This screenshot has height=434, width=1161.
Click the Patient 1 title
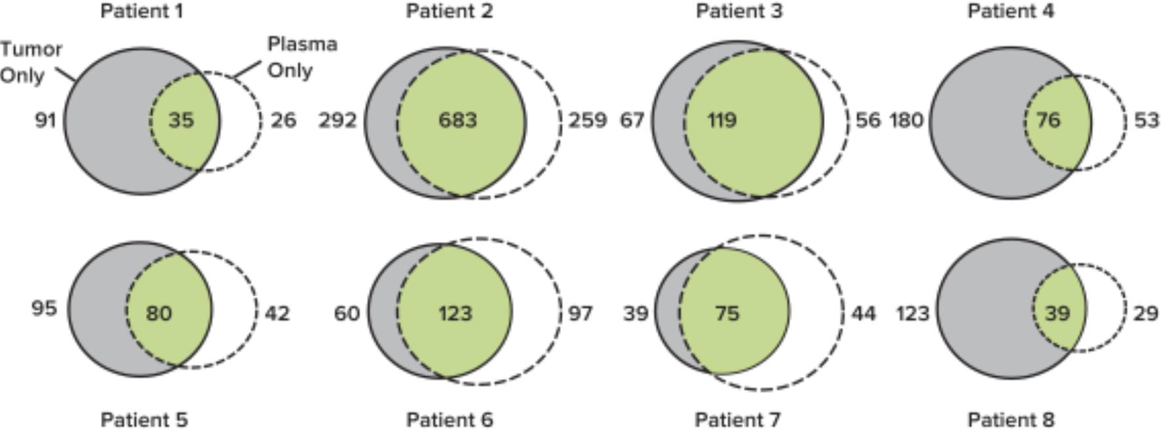click(142, 11)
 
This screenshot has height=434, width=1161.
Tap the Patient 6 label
click(449, 420)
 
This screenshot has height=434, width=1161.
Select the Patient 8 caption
click(1011, 420)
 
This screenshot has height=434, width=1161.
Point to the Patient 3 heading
click(739, 11)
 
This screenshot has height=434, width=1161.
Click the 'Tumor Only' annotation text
click(31, 62)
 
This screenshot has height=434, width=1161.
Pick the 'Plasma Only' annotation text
click(302, 57)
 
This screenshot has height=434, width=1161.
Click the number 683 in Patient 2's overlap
click(457, 120)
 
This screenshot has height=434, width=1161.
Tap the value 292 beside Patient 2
click(337, 120)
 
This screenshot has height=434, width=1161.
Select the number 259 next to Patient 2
click(587, 120)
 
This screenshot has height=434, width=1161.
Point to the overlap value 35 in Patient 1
click(181, 120)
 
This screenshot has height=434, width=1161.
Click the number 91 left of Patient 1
click(45, 120)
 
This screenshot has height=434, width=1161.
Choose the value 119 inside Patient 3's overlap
click(722, 120)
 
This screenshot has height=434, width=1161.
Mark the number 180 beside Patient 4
click(906, 120)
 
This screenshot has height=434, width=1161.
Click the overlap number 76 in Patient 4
click(1048, 120)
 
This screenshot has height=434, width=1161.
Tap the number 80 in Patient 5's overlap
click(159, 314)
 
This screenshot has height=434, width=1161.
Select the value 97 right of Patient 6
click(580, 314)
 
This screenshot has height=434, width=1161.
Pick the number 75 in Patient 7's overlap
click(727, 314)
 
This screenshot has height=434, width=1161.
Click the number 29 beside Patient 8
click(1145, 314)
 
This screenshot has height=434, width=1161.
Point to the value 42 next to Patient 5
click(277, 314)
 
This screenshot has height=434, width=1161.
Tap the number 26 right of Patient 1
click(283, 120)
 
